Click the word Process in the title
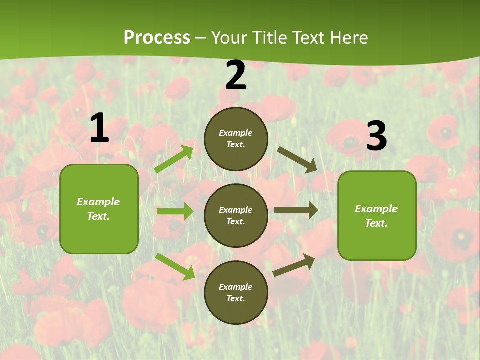157,38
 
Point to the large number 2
236,76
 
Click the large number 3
376,136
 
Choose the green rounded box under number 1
99,209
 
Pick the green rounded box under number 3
377,215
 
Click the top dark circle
236,139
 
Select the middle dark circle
236,215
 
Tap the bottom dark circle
236,292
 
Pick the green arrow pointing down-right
175,266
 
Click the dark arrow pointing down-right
297,159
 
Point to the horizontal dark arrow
296,210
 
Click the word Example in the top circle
236,133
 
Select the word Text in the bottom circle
235,298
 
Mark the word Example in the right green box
376,209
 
